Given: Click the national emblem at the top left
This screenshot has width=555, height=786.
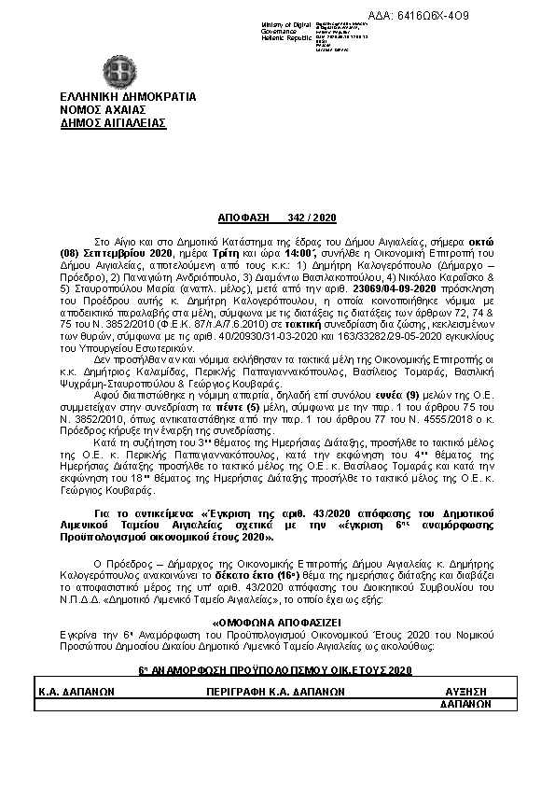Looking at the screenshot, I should coord(118,71).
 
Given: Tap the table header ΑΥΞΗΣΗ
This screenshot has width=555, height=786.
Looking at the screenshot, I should coord(465,693).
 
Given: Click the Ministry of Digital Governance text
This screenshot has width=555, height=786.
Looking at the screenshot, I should coord(287,28).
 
